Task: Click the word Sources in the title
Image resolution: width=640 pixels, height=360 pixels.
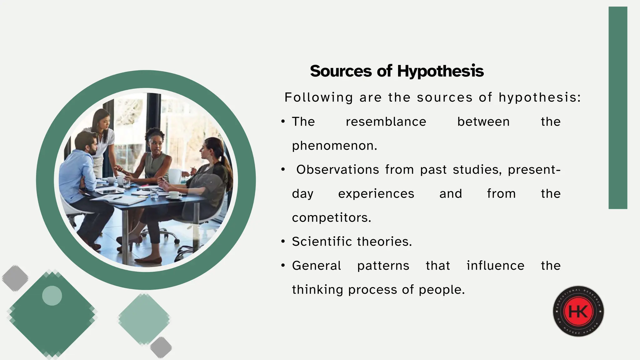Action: tap(341, 71)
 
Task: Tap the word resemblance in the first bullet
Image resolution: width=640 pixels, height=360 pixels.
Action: tap(386, 122)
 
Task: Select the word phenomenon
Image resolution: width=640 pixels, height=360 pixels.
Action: tap(334, 146)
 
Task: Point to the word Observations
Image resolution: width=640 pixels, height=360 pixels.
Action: tap(337, 170)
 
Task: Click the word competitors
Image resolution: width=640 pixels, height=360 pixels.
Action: tap(331, 218)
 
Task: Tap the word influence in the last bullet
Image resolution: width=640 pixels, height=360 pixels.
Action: tap(495, 266)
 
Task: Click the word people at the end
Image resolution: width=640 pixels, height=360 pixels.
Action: tap(441, 290)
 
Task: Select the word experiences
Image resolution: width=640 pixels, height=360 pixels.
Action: tap(376, 194)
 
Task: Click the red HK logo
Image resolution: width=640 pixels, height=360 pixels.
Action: tap(578, 311)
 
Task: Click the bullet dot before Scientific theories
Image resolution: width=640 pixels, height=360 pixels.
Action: tap(283, 242)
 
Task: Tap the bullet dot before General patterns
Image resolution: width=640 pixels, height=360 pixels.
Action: tap(283, 266)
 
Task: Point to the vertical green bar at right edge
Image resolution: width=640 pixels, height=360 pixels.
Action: tap(618, 108)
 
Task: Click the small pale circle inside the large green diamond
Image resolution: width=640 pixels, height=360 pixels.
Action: tap(52, 295)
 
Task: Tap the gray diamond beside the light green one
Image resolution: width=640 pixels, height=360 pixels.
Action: tap(161, 347)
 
